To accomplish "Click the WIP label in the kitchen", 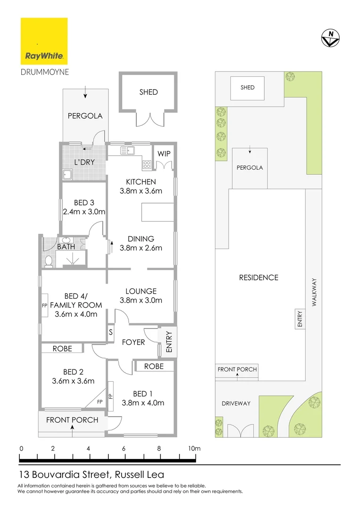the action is pyautogui.click(x=164, y=154).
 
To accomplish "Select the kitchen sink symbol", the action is pyautogui.click(x=128, y=151).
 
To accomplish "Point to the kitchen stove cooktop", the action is pyautogui.click(x=147, y=165).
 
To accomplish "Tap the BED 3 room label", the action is pyautogui.click(x=81, y=203).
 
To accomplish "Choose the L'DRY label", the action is pyautogui.click(x=85, y=162).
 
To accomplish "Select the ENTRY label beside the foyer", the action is pyautogui.click(x=169, y=342).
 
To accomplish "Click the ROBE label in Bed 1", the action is pyautogui.click(x=154, y=366).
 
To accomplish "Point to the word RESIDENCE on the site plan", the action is pyautogui.click(x=259, y=278).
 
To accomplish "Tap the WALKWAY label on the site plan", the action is pyautogui.click(x=315, y=293).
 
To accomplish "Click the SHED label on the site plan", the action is pyautogui.click(x=247, y=88).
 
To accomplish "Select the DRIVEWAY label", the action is pyautogui.click(x=236, y=403).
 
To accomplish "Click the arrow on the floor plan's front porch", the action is pyautogui.click(x=72, y=428).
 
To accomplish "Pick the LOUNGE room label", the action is pyautogui.click(x=141, y=291).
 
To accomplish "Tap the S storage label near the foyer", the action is pyautogui.click(x=111, y=331).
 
